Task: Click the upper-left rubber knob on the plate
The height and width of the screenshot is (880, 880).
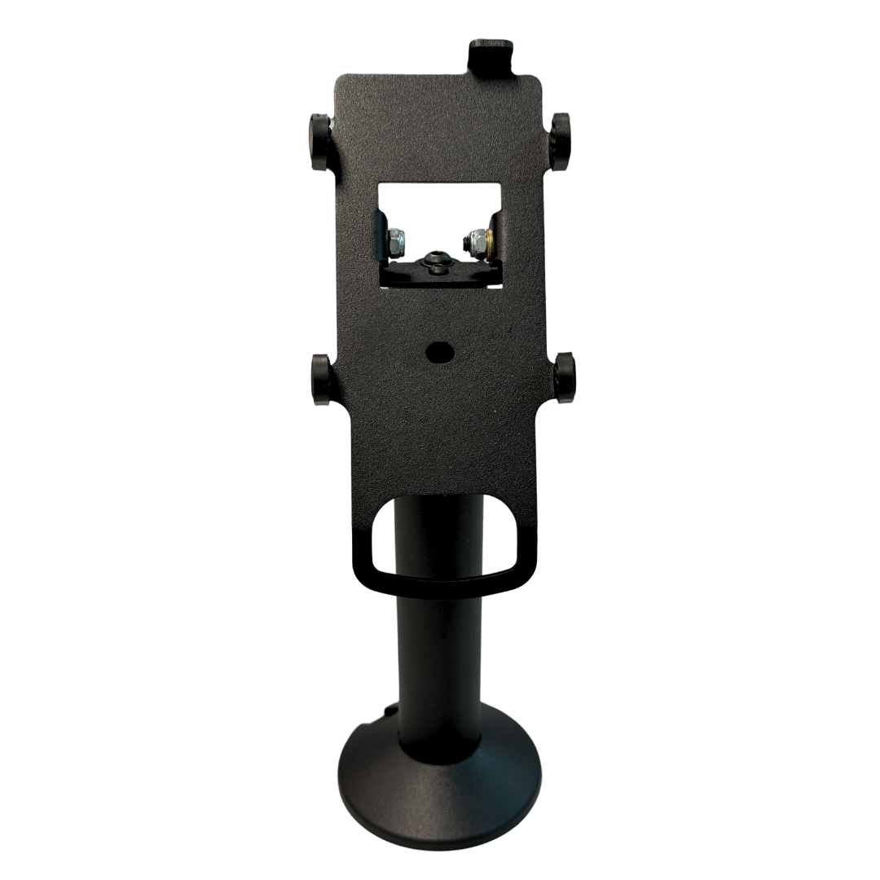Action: pos(319,142)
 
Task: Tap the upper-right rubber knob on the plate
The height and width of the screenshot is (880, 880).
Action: pos(560,142)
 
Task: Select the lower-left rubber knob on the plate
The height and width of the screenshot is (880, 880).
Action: pos(321,379)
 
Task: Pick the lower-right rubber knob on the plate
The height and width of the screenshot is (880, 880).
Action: pos(564,378)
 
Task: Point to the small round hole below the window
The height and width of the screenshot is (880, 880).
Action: pos(440,352)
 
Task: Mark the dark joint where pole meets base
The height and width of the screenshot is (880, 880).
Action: pos(438,754)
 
